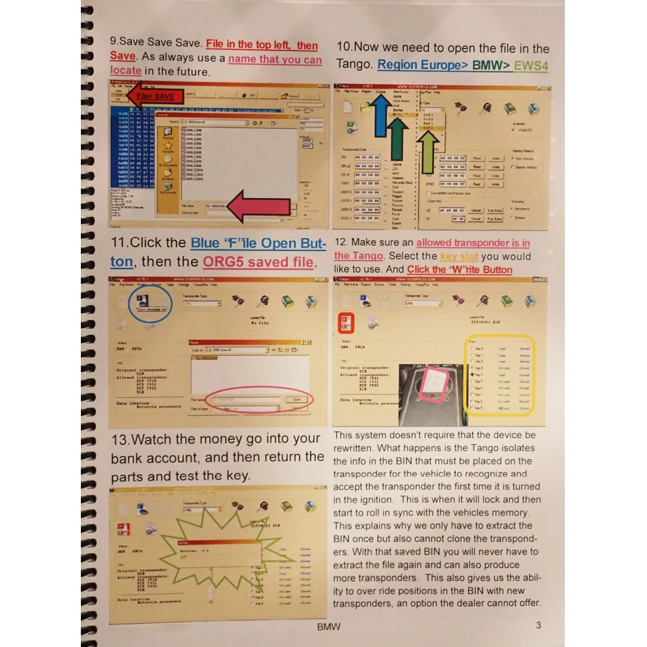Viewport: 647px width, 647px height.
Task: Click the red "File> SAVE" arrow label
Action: coord(155,96)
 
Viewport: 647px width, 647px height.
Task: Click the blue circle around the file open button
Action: coord(150,303)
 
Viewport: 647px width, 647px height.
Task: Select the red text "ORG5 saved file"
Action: coord(258,263)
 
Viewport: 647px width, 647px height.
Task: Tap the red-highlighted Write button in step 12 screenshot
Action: coord(346,322)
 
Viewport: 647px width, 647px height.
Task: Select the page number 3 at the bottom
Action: coord(538,625)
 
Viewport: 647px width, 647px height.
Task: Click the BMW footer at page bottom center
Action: coord(329,626)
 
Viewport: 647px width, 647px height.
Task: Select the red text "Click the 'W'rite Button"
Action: coord(459,269)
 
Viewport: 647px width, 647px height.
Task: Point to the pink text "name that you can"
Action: coord(275,60)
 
